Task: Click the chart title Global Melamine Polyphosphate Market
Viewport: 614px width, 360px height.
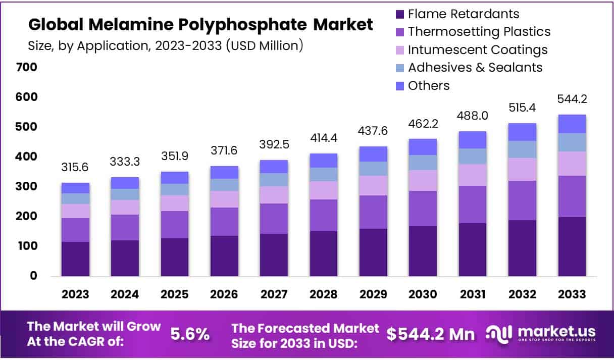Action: point(200,24)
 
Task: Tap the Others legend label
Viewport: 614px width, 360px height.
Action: point(429,85)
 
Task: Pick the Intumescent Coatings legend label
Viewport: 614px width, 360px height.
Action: point(478,49)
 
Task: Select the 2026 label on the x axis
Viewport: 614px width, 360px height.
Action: point(224,294)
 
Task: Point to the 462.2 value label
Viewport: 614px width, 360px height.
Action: point(423,123)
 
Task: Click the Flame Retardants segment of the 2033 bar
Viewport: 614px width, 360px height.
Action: point(572,246)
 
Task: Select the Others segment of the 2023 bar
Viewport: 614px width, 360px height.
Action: point(75,188)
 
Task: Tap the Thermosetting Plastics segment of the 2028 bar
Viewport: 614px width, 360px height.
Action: point(324,215)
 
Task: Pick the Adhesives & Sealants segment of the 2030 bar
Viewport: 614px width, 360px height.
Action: point(423,162)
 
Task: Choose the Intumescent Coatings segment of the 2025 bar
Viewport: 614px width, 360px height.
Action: point(175,203)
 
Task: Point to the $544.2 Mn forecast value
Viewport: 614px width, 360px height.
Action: point(431,334)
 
